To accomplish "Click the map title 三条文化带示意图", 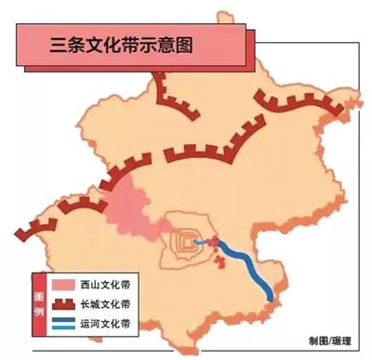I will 120,44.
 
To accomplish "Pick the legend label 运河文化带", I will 105,326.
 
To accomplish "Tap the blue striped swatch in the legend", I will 63,326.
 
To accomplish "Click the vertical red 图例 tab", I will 37,304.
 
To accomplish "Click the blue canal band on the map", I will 249,266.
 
